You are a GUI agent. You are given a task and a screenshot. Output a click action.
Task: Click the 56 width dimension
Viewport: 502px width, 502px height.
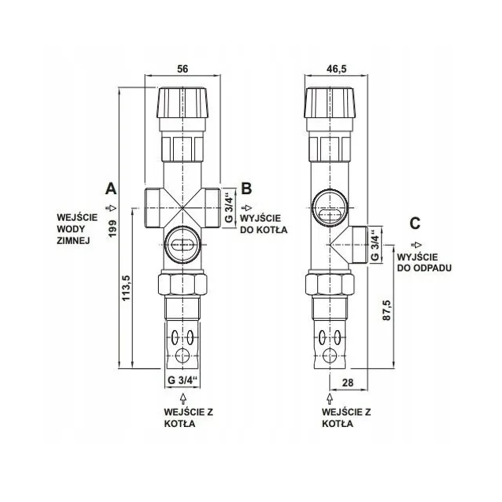(183, 68)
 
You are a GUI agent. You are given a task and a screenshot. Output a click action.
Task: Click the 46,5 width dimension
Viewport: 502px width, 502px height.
(336, 68)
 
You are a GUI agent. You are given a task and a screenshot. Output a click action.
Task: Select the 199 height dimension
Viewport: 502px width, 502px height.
(112, 228)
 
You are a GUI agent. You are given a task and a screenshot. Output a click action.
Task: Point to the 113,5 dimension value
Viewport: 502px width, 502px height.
(127, 288)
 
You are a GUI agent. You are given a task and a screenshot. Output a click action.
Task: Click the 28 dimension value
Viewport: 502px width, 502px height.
(348, 383)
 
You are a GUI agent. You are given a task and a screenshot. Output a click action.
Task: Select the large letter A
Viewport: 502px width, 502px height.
(111, 189)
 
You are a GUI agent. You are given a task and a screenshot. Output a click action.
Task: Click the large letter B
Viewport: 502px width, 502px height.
(246, 189)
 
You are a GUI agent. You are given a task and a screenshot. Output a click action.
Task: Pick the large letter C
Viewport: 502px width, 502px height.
(415, 223)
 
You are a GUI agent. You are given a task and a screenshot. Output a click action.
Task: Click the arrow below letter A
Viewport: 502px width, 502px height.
(110, 208)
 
